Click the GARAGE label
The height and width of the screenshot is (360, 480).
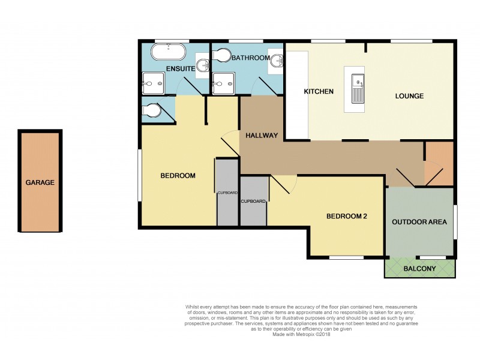[x=40, y=182]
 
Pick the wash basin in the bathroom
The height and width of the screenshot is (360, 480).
[x=277, y=60]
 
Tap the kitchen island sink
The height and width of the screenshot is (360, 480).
[x=357, y=81]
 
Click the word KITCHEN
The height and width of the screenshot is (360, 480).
[x=319, y=91]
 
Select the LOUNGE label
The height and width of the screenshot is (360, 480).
[x=409, y=96]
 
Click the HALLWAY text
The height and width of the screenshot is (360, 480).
[x=261, y=136]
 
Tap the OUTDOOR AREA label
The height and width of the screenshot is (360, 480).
[x=419, y=222]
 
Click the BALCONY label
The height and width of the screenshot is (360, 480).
[x=419, y=269]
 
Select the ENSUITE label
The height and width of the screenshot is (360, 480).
[x=180, y=69]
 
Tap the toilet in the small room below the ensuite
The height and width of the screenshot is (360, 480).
[x=151, y=112]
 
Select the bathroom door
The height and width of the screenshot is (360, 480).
[x=265, y=86]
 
